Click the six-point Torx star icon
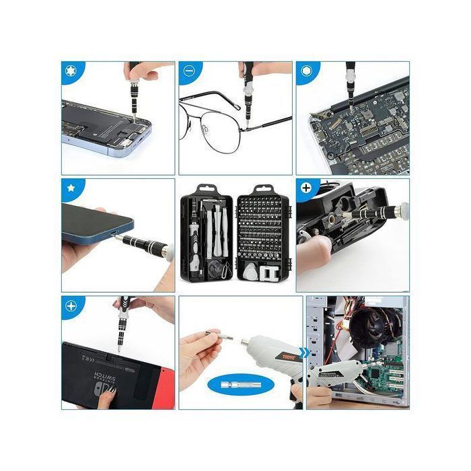pos(70,70)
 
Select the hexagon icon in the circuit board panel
pos(305,70)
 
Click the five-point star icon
pos(70,188)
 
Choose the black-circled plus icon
pos(307,188)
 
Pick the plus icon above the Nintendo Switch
pos(70,305)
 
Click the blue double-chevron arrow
pos(305,353)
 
